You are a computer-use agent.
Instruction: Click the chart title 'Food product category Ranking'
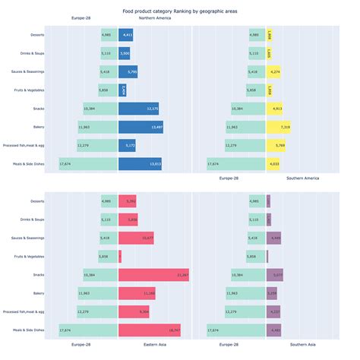pos(180,11)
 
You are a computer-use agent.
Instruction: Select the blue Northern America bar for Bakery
pos(141,127)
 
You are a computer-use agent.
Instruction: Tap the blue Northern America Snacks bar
pos(138,109)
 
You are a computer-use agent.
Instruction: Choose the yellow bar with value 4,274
pos(275,71)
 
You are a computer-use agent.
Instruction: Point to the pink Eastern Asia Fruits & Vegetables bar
pos(120,256)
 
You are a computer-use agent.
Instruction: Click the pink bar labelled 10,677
pos(137,238)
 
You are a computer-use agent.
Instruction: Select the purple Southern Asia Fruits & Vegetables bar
pos(268,256)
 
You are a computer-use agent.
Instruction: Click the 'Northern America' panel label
pos(154,17)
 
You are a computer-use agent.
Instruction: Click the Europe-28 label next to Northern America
pos(83,17)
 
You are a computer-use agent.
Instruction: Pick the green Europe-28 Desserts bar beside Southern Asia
pos(257,201)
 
